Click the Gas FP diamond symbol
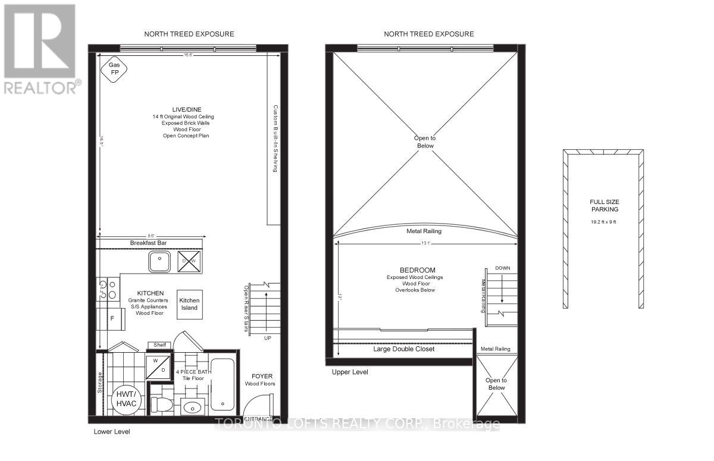[113, 71]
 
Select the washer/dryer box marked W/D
[158, 365]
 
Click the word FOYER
[262, 376]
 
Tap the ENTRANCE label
[259, 419]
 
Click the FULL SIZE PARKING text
[603, 206]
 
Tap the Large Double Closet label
[403, 349]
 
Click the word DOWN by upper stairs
[502, 268]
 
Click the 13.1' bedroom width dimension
[425, 242]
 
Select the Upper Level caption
[350, 372]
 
